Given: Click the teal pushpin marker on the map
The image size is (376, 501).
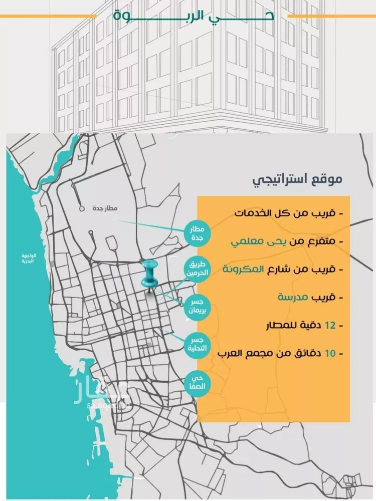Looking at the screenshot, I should click(x=149, y=275).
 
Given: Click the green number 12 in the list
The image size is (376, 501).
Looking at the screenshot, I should click(x=329, y=325).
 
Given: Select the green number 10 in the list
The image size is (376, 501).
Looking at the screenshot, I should click(x=329, y=354).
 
